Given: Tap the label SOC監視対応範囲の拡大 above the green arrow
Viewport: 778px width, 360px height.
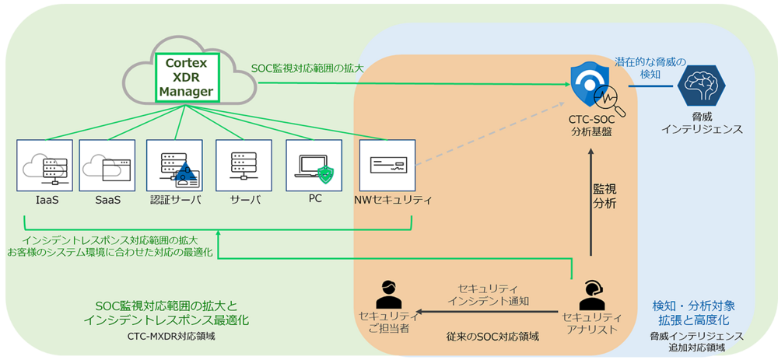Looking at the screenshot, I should [x=307, y=68].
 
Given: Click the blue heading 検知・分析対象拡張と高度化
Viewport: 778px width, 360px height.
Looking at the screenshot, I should [x=692, y=313].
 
